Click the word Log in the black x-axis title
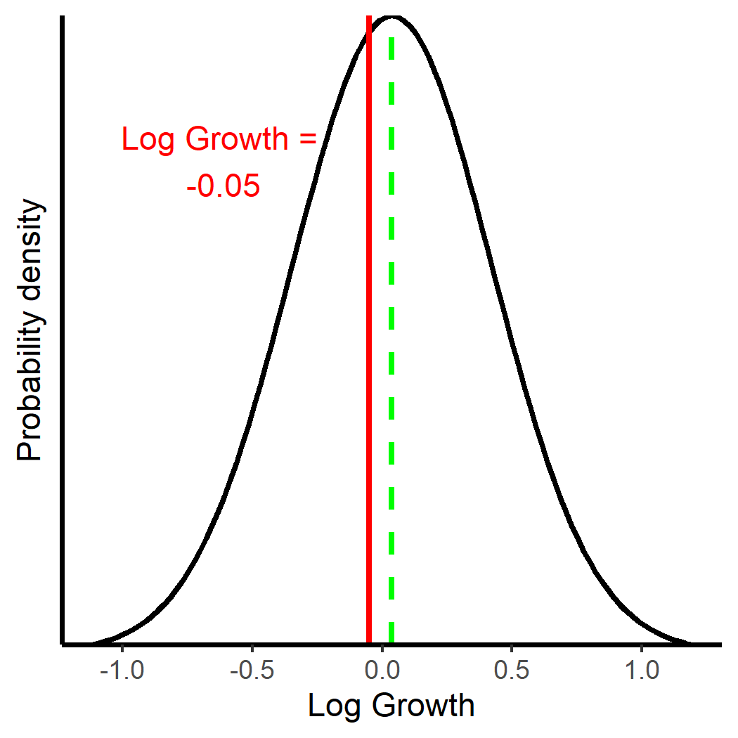tap(332, 706)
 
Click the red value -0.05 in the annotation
tap(224, 187)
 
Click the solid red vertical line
tap(369, 351)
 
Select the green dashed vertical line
tap(391, 351)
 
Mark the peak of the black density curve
tap(392, 16)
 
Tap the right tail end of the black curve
tap(690, 642)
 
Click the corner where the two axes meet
tap(63, 643)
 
